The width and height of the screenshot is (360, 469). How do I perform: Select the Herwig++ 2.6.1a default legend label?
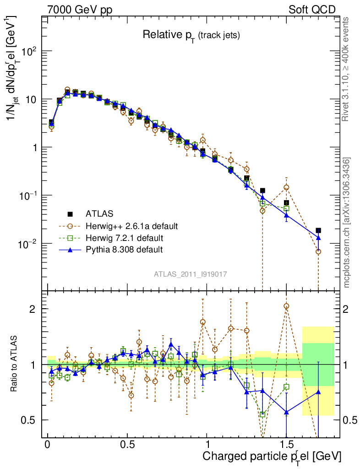click(131, 226)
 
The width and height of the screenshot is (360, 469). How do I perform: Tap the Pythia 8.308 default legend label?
click(124, 250)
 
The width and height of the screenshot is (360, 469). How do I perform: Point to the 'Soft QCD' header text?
click(312, 10)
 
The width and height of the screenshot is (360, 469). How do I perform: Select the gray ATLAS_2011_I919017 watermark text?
click(191, 274)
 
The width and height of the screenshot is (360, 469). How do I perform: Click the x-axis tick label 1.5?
click(286, 445)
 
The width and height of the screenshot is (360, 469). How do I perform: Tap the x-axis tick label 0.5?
click(128, 445)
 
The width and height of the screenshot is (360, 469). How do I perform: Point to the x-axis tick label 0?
click(48, 445)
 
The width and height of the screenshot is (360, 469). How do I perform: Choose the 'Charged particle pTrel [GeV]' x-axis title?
click(272, 457)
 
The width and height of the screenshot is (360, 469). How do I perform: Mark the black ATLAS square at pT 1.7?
click(318, 230)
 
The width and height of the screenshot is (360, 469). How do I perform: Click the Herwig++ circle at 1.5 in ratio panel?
click(286, 306)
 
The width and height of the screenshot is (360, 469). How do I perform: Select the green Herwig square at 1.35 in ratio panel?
click(262, 414)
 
